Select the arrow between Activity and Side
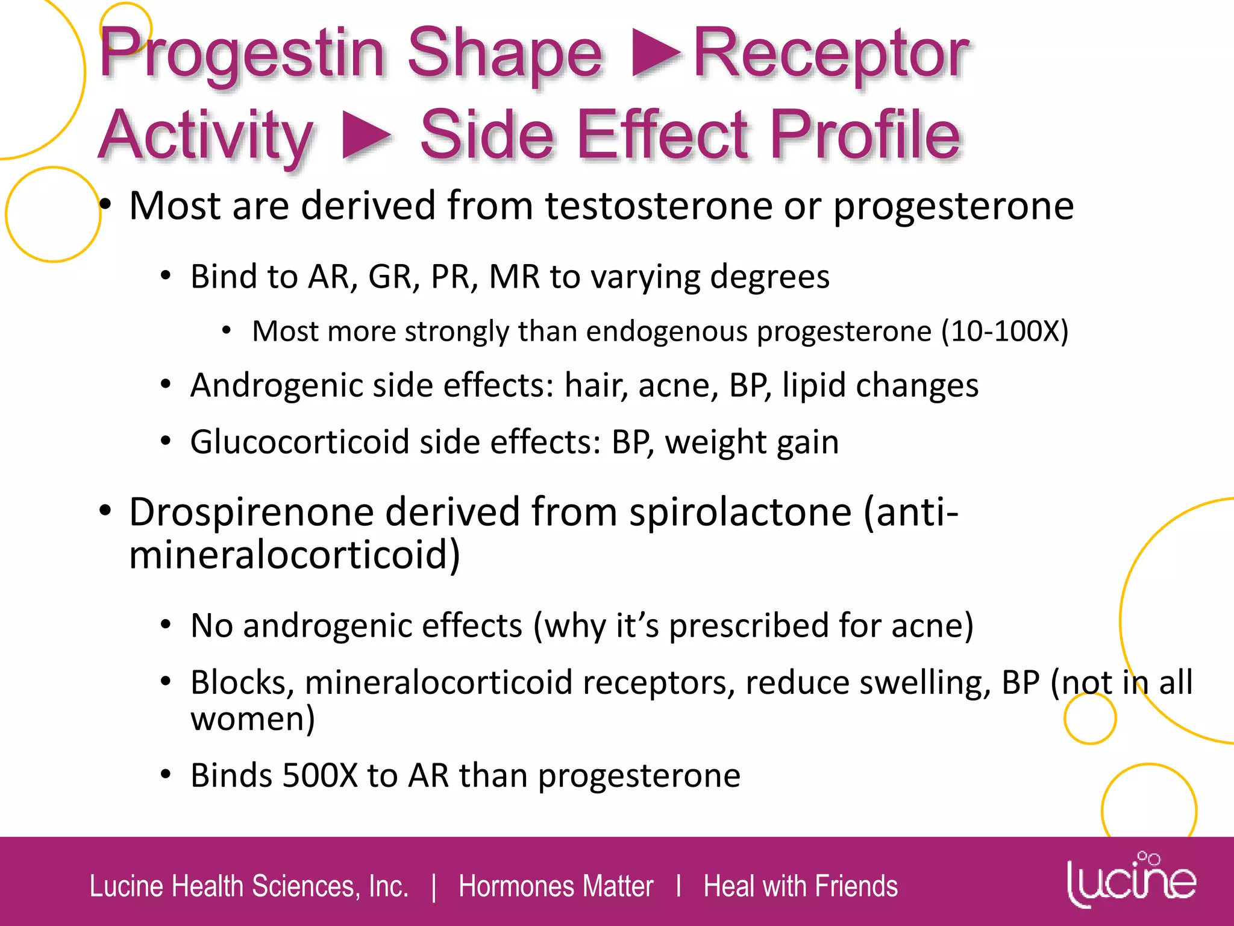[366, 136]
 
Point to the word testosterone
[659, 206]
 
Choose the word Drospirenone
[251, 512]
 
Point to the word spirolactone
[741, 512]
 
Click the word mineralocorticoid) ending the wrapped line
[294, 555]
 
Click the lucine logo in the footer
[1131, 881]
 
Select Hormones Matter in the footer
[556, 887]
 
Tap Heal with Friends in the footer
[800, 887]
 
